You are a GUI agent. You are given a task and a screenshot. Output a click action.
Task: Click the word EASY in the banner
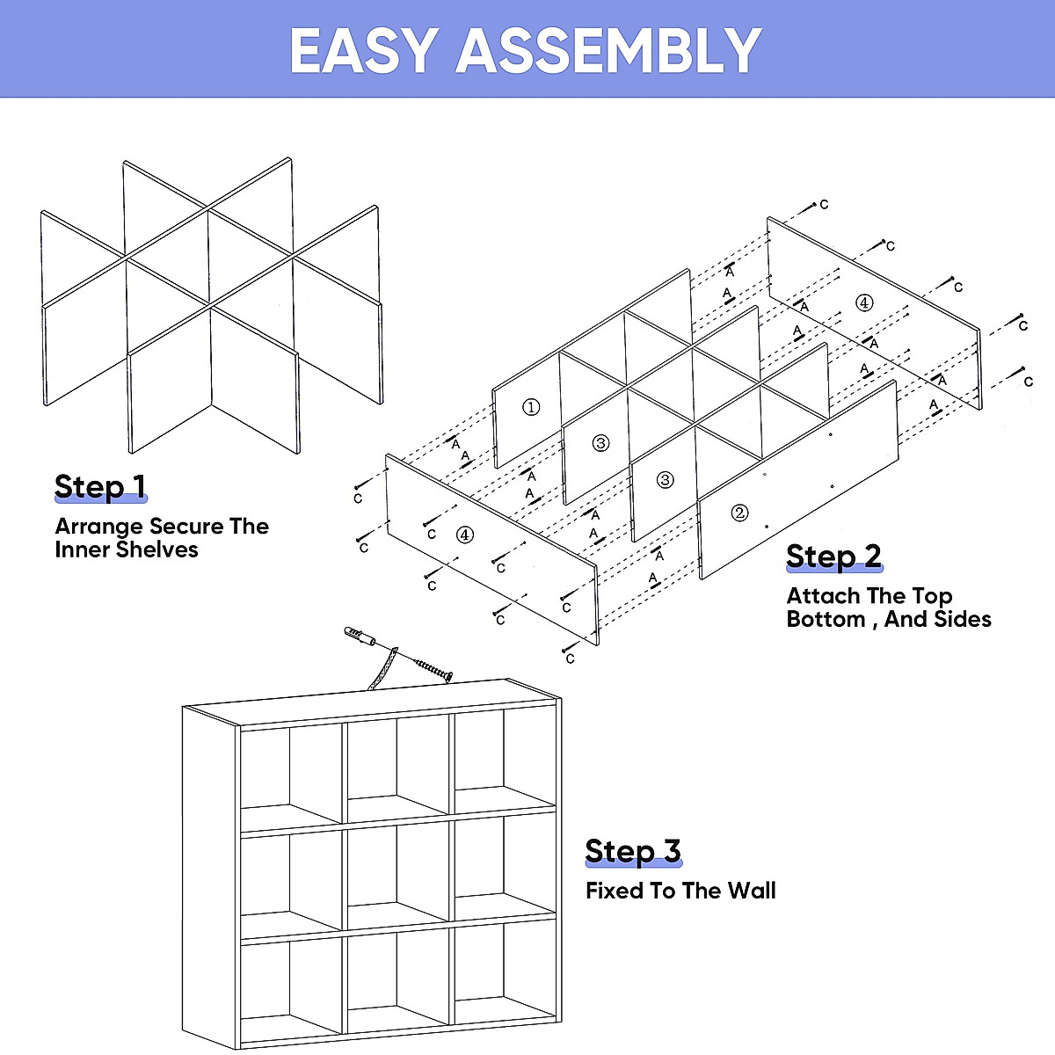(363, 51)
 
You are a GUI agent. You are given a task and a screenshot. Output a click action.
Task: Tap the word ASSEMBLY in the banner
(608, 51)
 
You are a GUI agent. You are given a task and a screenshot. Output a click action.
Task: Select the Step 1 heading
(100, 486)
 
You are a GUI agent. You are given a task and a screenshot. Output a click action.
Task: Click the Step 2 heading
(833, 556)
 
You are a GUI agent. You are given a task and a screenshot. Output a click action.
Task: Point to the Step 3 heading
(633, 851)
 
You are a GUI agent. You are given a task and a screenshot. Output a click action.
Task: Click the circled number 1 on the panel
(531, 407)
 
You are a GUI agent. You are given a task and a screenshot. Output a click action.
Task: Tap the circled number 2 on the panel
(739, 513)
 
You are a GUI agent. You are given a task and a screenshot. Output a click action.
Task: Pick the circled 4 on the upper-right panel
(864, 302)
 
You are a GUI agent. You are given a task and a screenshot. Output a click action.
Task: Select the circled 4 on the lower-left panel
(465, 534)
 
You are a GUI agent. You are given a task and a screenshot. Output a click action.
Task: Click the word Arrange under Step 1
(98, 527)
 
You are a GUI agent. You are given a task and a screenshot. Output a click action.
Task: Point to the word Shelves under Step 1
(162, 550)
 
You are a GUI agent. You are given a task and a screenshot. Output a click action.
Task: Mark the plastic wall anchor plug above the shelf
(358, 635)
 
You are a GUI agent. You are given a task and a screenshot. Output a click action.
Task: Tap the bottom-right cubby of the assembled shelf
(504, 976)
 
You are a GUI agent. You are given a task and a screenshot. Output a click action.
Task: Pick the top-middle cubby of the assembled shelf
(397, 760)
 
